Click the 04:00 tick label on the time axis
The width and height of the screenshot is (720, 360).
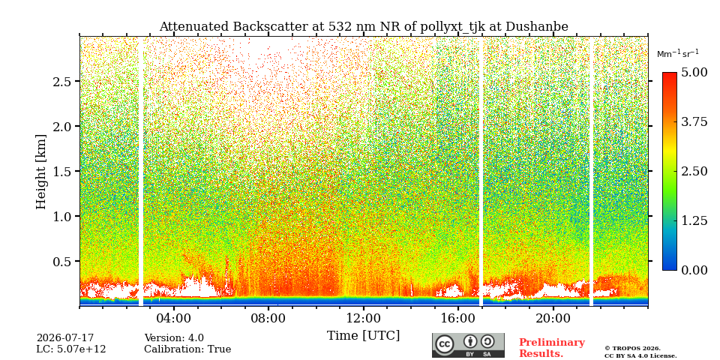click(x=173, y=318)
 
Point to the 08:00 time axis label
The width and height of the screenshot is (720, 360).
click(x=268, y=318)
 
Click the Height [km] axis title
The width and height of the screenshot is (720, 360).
click(x=41, y=172)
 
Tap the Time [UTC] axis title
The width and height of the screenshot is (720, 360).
click(x=363, y=336)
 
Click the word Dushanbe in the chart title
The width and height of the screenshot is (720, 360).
click(x=537, y=27)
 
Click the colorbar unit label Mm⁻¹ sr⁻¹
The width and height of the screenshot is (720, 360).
click(x=678, y=54)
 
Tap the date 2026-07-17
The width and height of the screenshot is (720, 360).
click(x=65, y=338)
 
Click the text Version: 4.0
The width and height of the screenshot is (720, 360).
click(x=174, y=338)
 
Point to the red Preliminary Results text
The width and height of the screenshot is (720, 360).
click(x=552, y=348)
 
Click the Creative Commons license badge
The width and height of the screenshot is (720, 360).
click(x=468, y=345)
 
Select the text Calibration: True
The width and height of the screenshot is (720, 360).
click(x=187, y=349)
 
